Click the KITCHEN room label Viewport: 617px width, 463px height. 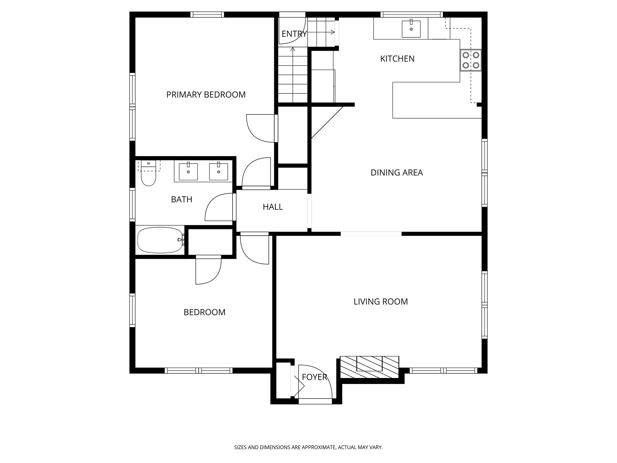(397, 58)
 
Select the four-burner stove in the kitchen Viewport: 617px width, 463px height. (471, 60)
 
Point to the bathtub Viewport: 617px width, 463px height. (160, 240)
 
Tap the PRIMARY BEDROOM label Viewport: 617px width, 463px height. (206, 95)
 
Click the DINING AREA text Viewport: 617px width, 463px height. (396, 172)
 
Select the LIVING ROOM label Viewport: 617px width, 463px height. (381, 301)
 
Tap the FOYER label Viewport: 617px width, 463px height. (314, 377)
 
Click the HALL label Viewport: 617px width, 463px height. (273, 207)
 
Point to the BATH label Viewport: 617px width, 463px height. (181, 199)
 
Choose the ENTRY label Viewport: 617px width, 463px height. (294, 34)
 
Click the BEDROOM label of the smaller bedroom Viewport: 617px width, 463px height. (204, 312)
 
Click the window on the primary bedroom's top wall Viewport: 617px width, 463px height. (207, 14)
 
